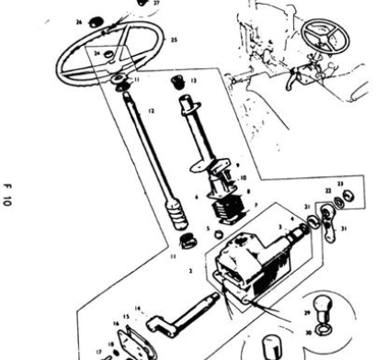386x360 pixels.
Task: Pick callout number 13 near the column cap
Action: tap(193, 81)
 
